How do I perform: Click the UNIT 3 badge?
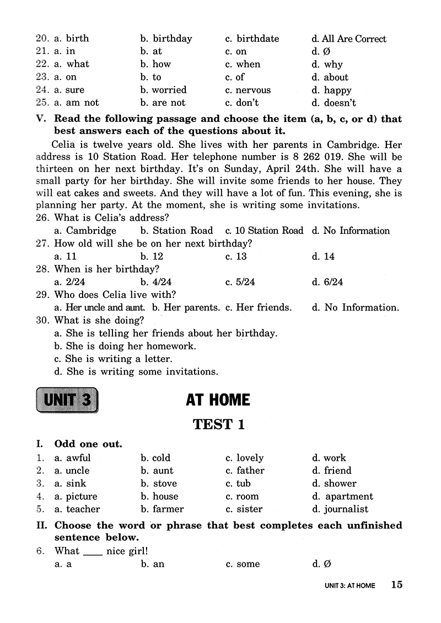(67, 400)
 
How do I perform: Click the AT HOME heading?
(218, 400)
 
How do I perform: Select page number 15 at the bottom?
(397, 585)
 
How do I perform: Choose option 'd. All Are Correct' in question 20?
(348, 39)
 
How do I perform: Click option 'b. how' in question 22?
(155, 64)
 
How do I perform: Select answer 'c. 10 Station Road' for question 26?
(264, 231)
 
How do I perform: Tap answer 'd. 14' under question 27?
(323, 257)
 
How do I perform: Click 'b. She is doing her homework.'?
(125, 346)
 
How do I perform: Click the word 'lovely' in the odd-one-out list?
(250, 458)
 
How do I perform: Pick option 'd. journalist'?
(340, 509)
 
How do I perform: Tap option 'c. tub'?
(238, 483)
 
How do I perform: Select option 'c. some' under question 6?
(243, 564)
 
